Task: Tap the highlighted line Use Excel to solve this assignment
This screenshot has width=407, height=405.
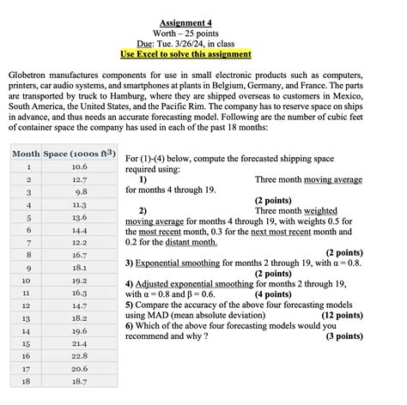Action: (203, 53)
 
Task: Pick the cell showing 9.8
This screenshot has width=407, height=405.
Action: (79, 192)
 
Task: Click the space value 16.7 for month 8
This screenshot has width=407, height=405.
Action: (79, 255)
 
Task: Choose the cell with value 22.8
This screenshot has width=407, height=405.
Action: (79, 355)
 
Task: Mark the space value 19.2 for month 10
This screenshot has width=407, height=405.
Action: (79, 280)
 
